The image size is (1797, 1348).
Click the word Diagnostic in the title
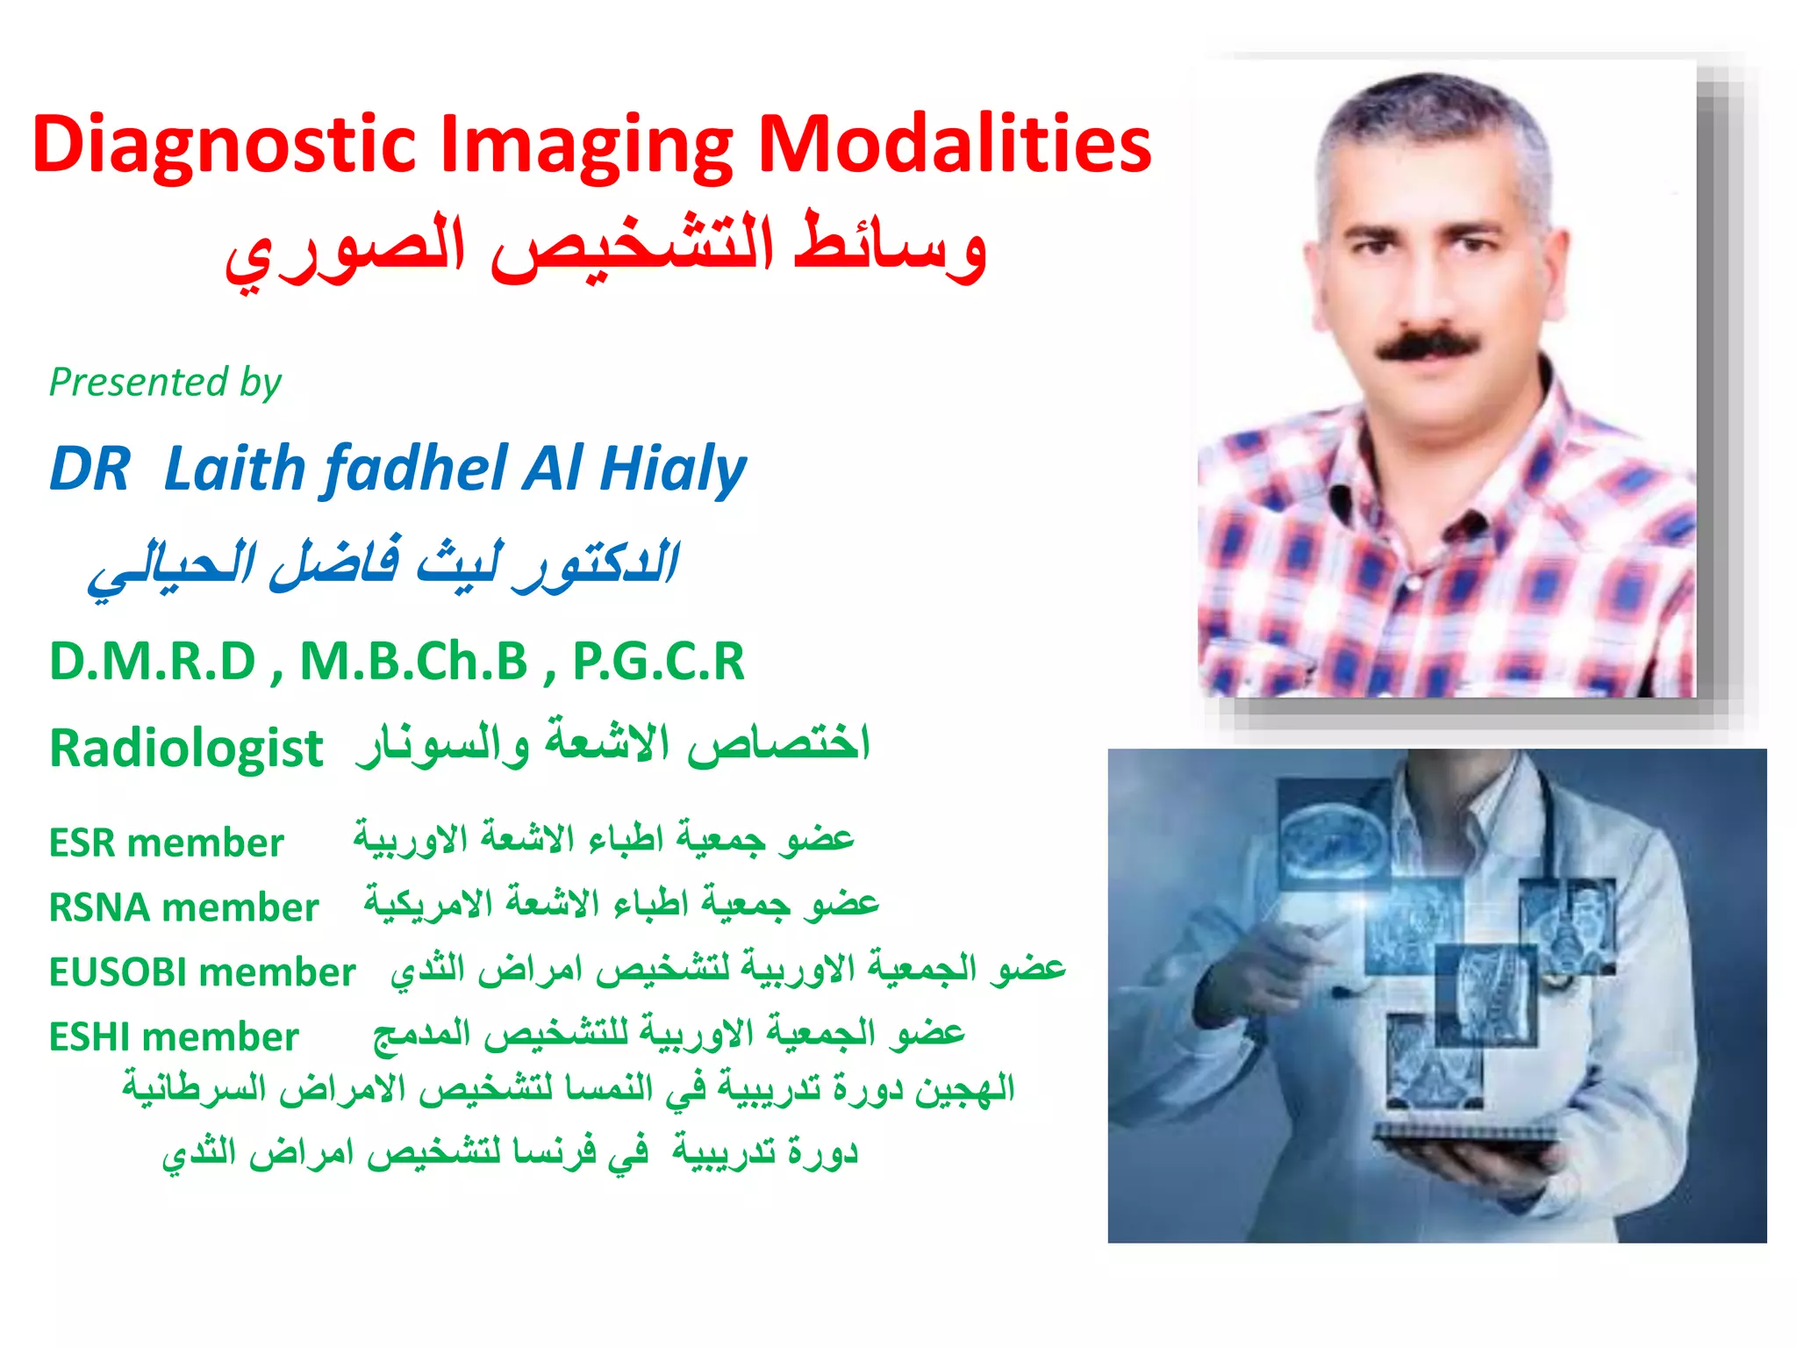pyautogui.click(x=224, y=146)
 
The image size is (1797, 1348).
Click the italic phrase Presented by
pyautogui.click(x=165, y=383)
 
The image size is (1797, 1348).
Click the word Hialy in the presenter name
pyautogui.click(x=673, y=469)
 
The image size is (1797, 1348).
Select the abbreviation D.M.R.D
pyautogui.click(x=153, y=662)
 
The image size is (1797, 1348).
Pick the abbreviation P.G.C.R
pyautogui.click(x=658, y=662)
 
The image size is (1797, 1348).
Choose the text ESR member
pyautogui.click(x=166, y=843)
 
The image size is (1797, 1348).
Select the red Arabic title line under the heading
pyautogui.click(x=605, y=250)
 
